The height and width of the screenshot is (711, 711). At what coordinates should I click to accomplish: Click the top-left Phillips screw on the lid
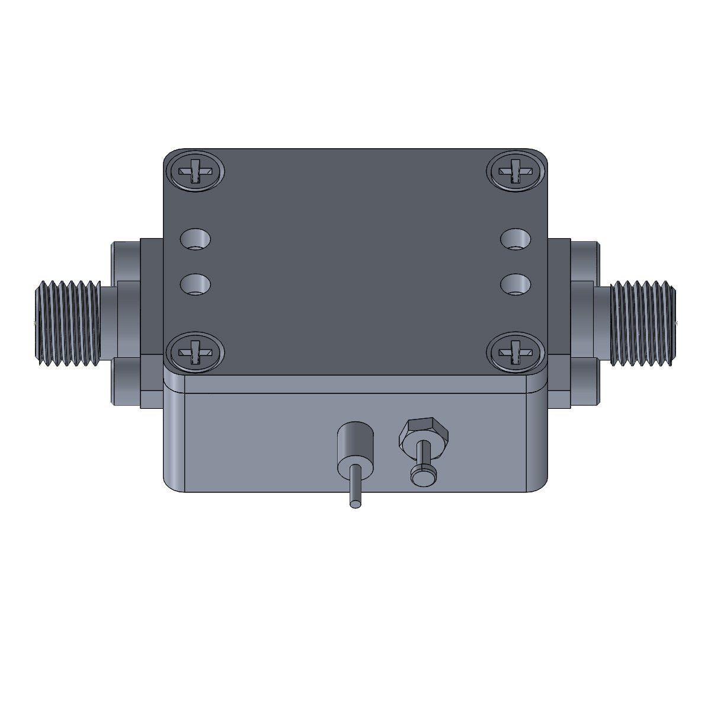click(x=195, y=172)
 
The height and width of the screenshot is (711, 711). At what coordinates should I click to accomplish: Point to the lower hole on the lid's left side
click(x=196, y=284)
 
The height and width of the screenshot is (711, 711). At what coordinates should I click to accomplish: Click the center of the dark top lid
click(x=355, y=261)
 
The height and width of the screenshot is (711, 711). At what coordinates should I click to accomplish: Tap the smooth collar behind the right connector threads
click(x=600, y=323)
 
